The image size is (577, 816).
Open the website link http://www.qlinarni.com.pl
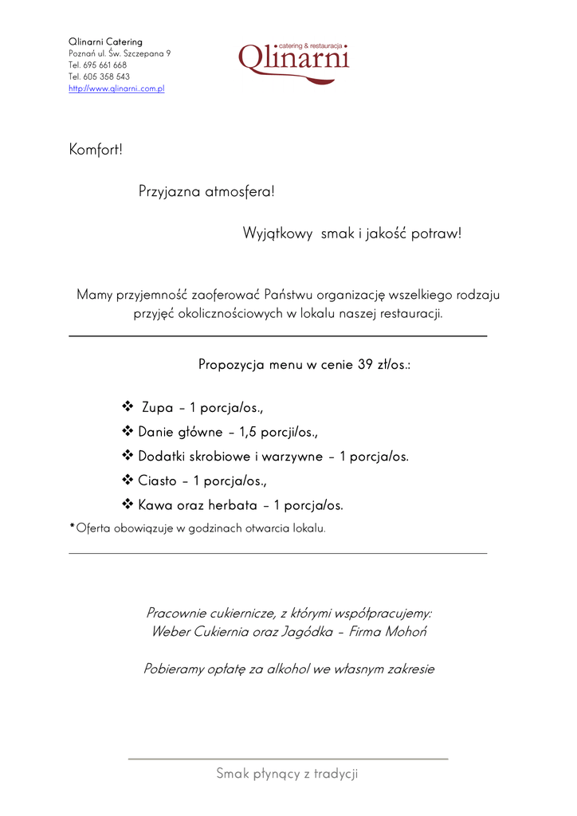pyautogui.click(x=116, y=88)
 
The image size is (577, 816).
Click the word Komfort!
pyautogui.click(x=96, y=149)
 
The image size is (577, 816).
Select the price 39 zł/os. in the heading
pyautogui.click(x=383, y=365)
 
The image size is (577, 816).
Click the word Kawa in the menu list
pyautogui.click(x=155, y=505)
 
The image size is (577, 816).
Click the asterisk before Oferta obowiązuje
pyautogui.click(x=73, y=526)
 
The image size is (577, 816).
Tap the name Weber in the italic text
pyautogui.click(x=169, y=632)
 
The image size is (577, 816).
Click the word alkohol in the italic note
pyautogui.click(x=287, y=669)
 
